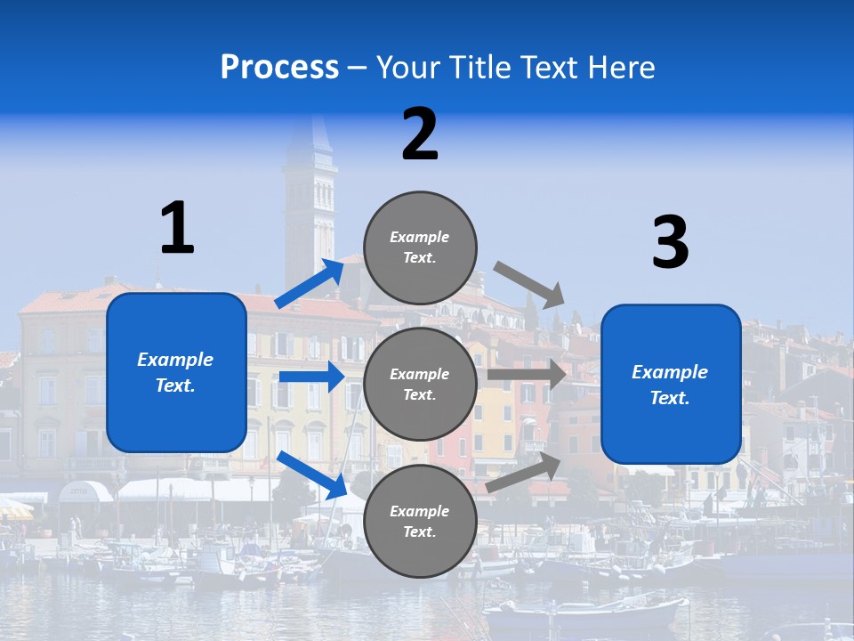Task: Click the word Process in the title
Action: click(x=279, y=68)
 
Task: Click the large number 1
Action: click(x=177, y=229)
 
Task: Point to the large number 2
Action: click(x=420, y=134)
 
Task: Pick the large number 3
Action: click(x=670, y=242)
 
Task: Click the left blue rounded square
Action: click(x=176, y=372)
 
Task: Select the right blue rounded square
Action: click(x=671, y=385)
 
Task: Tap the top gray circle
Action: click(x=420, y=247)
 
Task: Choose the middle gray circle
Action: click(x=420, y=385)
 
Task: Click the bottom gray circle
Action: click(x=420, y=522)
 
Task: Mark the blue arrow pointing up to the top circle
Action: click(x=310, y=283)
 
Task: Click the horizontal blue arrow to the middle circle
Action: click(x=311, y=377)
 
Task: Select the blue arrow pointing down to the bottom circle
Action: click(x=312, y=475)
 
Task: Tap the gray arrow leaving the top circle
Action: click(x=530, y=285)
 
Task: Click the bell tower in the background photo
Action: click(x=310, y=205)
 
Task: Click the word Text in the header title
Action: click(x=543, y=68)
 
